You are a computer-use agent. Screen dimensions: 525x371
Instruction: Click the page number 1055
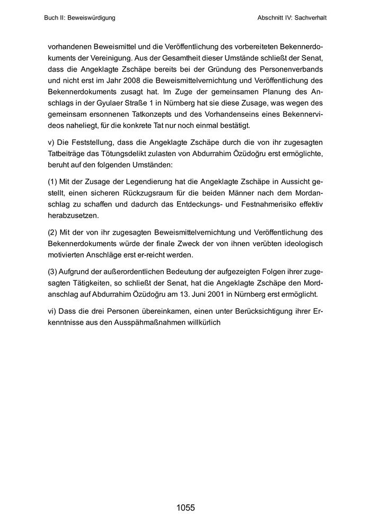tap(185, 508)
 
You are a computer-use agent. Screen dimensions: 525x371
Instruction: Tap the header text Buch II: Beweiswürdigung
tap(80, 18)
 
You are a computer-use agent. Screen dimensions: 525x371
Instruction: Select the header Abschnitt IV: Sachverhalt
tap(291, 18)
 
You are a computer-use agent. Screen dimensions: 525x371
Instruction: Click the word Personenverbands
tap(292, 69)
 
